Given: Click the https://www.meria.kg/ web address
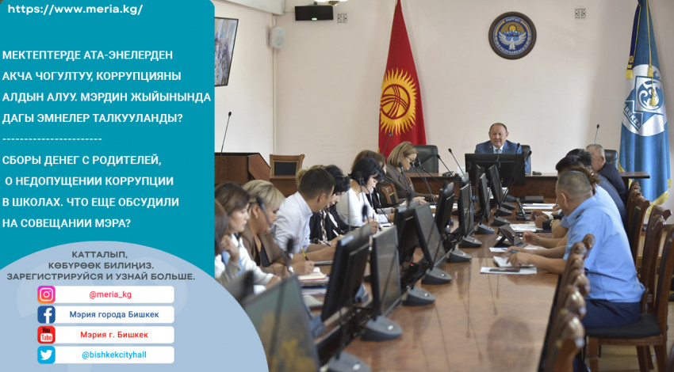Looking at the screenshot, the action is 75,9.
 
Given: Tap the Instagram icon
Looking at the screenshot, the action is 46,294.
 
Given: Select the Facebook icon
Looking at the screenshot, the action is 46,314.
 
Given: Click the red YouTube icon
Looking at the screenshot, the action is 46,335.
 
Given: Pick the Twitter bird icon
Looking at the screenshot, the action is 46,355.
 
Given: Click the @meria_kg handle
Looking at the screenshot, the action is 110,294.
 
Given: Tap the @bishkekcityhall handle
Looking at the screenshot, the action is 114,355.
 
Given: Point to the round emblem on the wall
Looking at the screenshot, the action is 512,35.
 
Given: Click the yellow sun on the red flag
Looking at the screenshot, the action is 398,102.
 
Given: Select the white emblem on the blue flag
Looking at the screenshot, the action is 644,101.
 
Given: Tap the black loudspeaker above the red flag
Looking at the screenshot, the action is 314,13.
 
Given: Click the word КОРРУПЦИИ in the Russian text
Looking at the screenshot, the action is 139,181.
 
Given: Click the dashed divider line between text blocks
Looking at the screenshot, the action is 52,139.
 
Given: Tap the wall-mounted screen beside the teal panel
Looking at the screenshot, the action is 226,51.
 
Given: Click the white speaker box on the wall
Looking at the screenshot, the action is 278,37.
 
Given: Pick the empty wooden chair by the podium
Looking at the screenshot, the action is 287,166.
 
